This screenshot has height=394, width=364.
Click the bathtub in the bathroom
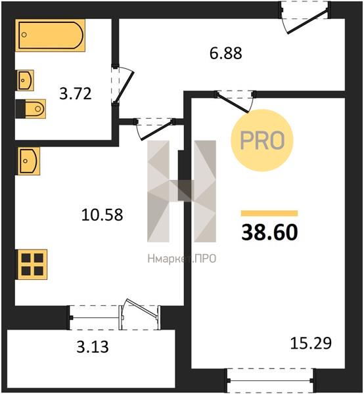tap(51, 35)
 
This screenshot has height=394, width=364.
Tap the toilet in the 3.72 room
tap(31, 109)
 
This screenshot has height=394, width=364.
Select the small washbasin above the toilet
tap(26, 80)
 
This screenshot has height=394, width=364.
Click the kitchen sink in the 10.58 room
tap(28, 161)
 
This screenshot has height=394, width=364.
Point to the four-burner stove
tap(32, 265)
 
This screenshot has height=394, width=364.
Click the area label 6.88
tap(226, 53)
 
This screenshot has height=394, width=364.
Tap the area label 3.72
tap(76, 93)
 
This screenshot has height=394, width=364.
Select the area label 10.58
tap(102, 215)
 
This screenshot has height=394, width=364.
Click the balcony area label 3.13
tap(93, 347)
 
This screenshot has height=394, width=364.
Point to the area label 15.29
tap(311, 343)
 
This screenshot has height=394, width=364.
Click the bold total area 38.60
tap(269, 232)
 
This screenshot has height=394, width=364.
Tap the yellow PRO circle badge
tap(262, 141)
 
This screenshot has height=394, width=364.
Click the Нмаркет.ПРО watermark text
tap(182, 259)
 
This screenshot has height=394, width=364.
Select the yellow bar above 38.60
tap(269, 213)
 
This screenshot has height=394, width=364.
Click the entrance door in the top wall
tap(305, 18)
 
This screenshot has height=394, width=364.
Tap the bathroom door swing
tap(122, 85)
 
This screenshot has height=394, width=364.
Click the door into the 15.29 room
tap(235, 101)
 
